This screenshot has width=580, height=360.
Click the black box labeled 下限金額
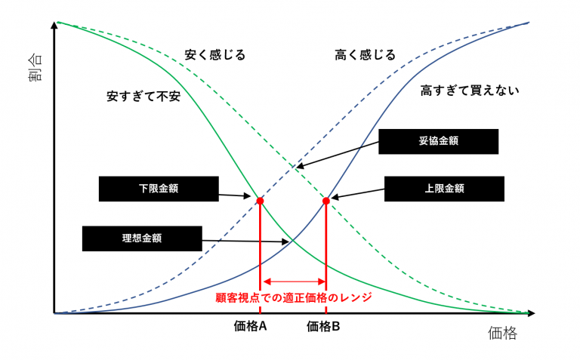point(159,189)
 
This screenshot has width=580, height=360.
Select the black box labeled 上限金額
point(444,189)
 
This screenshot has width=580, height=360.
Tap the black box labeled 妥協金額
point(438,141)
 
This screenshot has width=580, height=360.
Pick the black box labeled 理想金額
point(142,238)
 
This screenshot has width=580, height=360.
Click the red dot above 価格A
point(260,201)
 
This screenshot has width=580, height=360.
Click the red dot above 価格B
point(326,201)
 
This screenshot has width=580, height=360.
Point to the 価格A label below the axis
point(250,326)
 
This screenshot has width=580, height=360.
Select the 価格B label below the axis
point(323,326)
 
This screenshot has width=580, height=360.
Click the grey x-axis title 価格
point(502,333)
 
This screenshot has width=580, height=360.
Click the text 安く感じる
point(215,55)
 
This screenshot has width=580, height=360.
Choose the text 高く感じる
point(365,55)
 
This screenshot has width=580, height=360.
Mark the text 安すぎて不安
point(143,97)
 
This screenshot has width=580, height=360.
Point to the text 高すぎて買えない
point(470,91)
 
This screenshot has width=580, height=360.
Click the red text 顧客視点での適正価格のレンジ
point(294,297)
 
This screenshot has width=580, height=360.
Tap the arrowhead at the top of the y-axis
point(54,25)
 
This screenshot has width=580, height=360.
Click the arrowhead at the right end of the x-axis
point(531,313)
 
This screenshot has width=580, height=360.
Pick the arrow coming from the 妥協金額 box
point(338,155)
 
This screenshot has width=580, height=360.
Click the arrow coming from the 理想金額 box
point(245,242)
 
